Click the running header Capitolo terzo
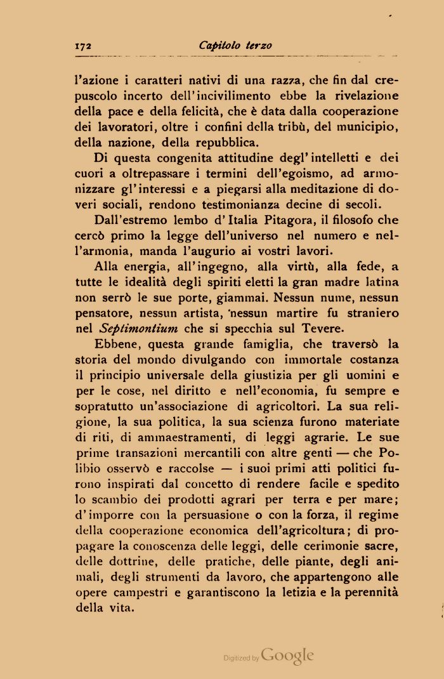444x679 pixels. (x=235, y=46)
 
